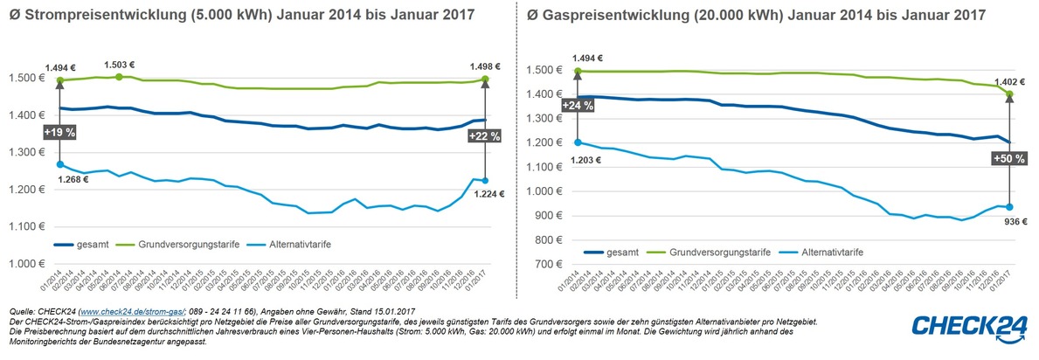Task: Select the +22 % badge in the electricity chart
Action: [x=484, y=135]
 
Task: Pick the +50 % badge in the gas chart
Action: [x=1008, y=158]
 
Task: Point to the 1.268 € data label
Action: [x=74, y=180]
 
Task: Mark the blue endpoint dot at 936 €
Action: [x=1009, y=207]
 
